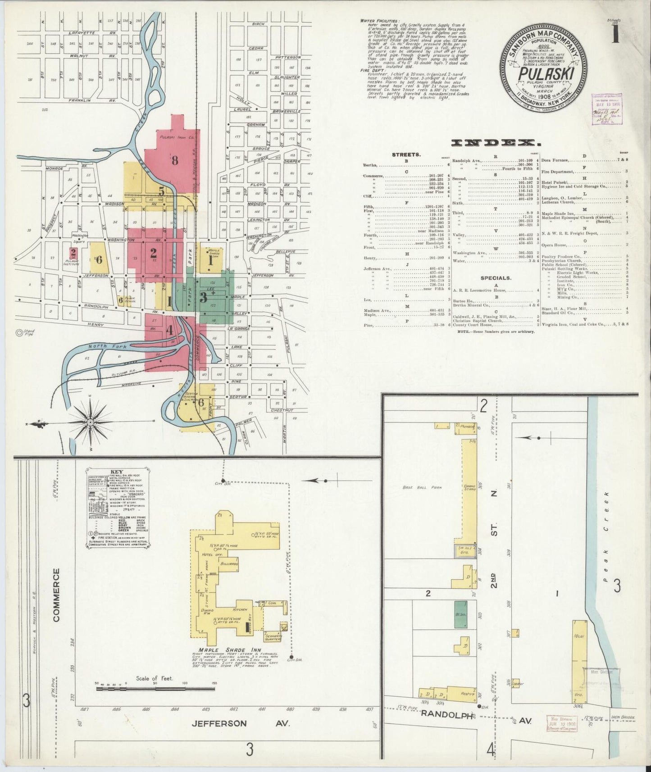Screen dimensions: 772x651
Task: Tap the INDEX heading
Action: click(496, 143)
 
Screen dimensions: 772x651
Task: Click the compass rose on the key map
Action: click(90, 422)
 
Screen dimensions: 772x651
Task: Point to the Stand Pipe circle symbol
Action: click(19, 333)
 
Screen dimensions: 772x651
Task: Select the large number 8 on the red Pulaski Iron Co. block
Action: click(175, 160)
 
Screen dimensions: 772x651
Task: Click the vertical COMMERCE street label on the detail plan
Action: click(56, 595)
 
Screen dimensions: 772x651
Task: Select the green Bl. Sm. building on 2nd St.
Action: click(460, 614)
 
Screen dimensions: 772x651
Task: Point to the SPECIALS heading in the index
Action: click(496, 278)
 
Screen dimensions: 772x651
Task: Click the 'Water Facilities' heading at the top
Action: click(379, 21)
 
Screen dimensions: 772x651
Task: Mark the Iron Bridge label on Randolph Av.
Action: click(624, 718)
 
